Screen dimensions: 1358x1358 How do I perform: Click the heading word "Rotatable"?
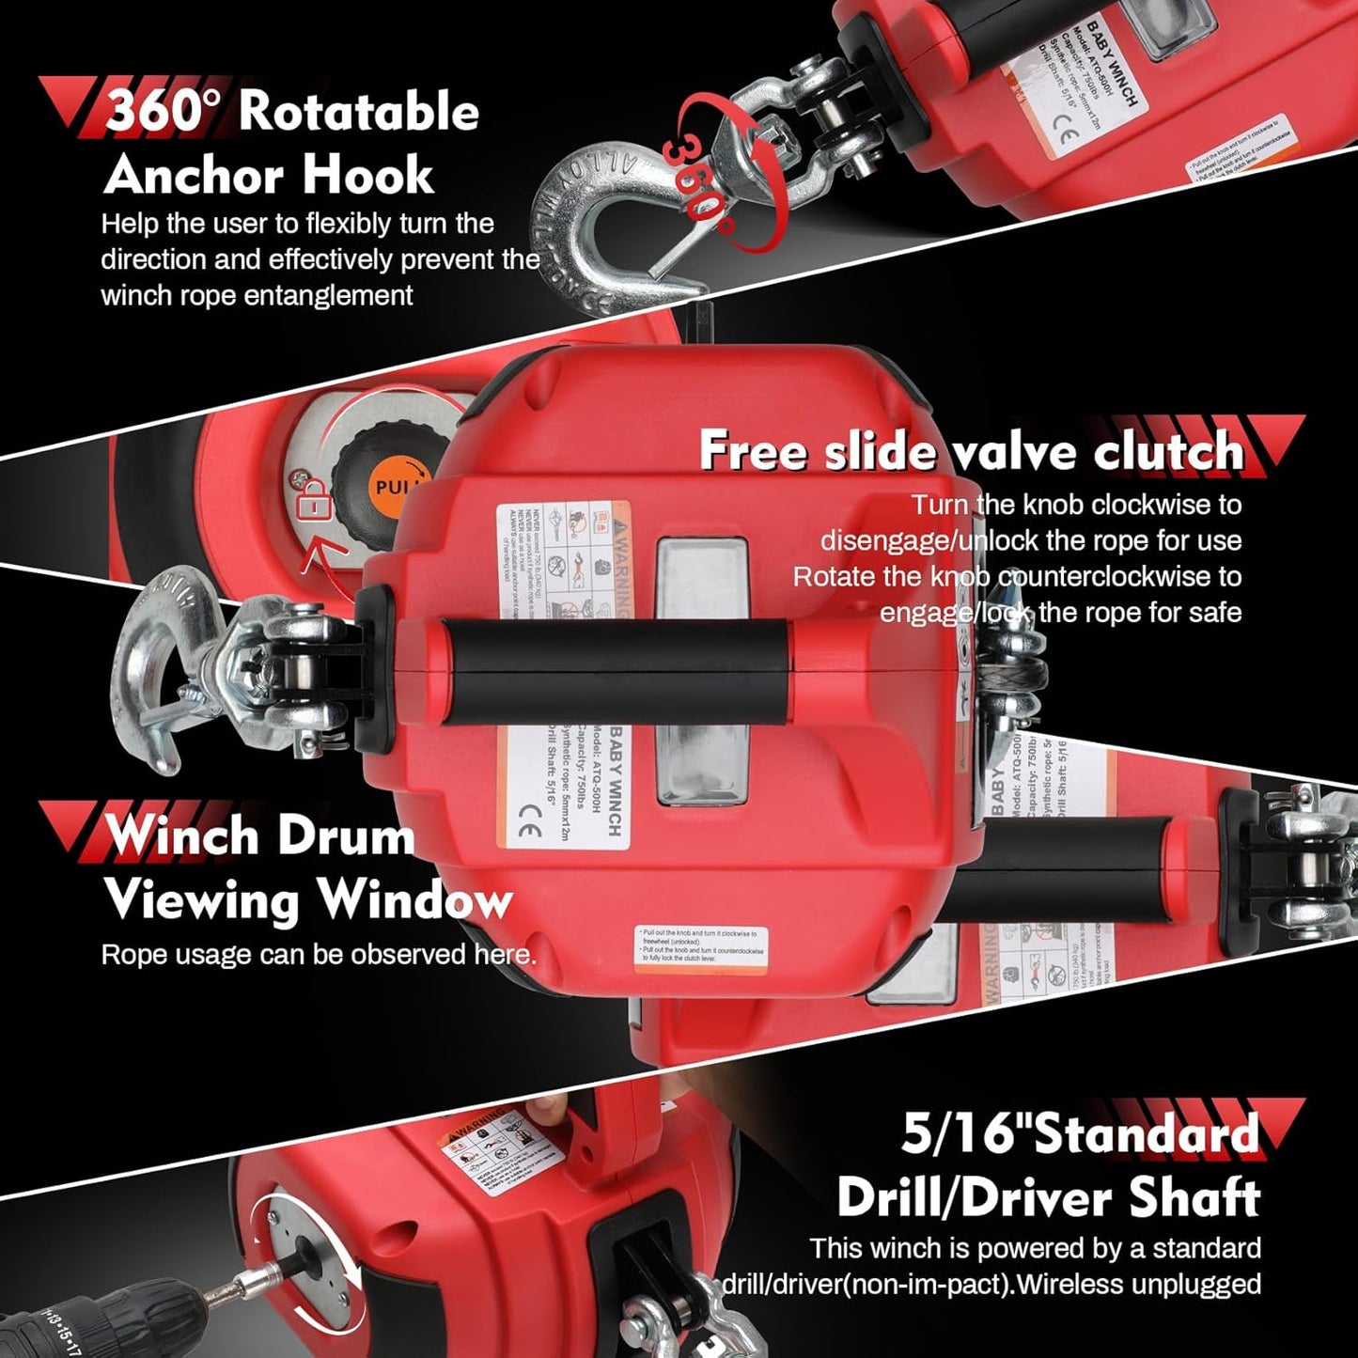(358, 113)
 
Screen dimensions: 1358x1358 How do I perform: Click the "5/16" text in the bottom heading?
(952, 1133)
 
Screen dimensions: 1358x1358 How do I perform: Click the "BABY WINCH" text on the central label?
(615, 779)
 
